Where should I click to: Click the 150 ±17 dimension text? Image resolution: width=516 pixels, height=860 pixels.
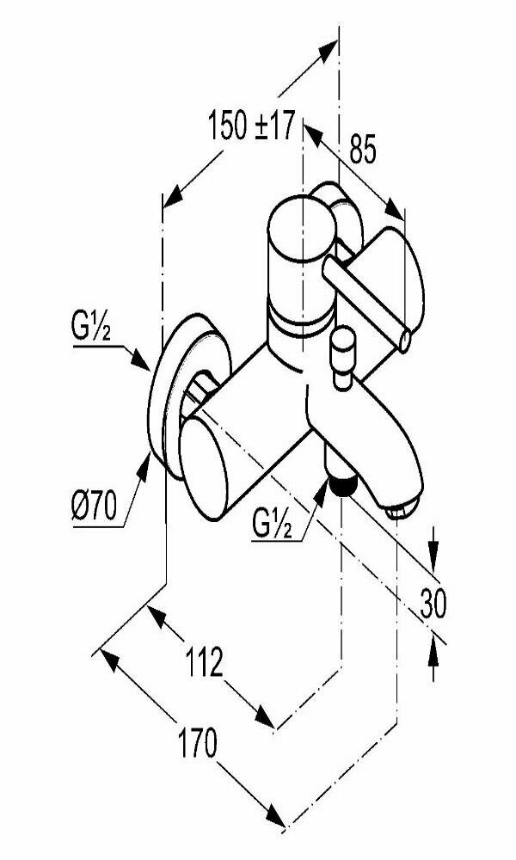coord(251,128)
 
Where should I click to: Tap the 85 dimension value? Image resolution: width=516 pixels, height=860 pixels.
coord(362,151)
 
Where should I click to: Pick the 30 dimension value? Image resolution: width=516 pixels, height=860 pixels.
coord(434,605)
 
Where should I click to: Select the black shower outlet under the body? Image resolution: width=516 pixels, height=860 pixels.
coord(341,485)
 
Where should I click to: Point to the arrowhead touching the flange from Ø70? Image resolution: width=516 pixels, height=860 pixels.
coord(144,463)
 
